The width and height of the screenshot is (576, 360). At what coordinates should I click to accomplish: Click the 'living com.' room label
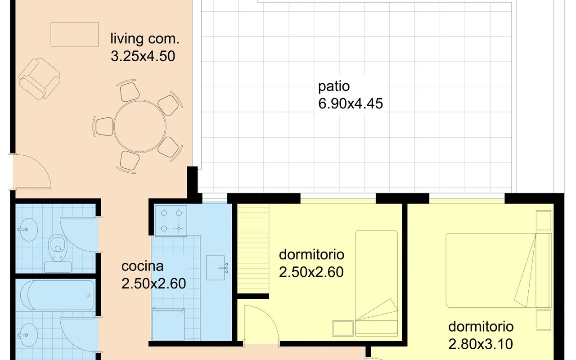coord(145,39)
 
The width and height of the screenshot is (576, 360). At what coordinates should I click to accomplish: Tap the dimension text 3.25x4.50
coord(143,56)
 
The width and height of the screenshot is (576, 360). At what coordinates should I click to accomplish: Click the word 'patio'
coord(334,87)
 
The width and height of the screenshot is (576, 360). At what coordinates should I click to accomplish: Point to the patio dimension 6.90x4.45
coord(351,103)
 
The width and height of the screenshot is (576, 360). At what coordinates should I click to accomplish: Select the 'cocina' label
coord(142,266)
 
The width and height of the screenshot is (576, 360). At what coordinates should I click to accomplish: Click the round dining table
coord(140,126)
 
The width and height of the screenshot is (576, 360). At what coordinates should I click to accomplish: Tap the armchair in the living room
coord(40,78)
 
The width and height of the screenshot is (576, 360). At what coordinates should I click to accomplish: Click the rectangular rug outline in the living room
coord(75,35)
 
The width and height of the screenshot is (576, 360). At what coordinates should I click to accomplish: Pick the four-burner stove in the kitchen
coord(171,220)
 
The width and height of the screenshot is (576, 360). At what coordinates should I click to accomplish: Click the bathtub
coord(57,295)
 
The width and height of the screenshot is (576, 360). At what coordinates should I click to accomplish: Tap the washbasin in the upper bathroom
coord(28,229)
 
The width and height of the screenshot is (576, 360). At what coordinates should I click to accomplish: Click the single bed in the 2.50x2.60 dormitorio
coord(377,283)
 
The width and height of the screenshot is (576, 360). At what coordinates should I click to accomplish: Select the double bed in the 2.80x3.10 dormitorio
coord(499,270)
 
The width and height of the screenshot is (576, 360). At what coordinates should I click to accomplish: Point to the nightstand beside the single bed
coord(343,328)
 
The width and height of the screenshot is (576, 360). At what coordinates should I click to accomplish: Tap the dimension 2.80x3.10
coord(481,344)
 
